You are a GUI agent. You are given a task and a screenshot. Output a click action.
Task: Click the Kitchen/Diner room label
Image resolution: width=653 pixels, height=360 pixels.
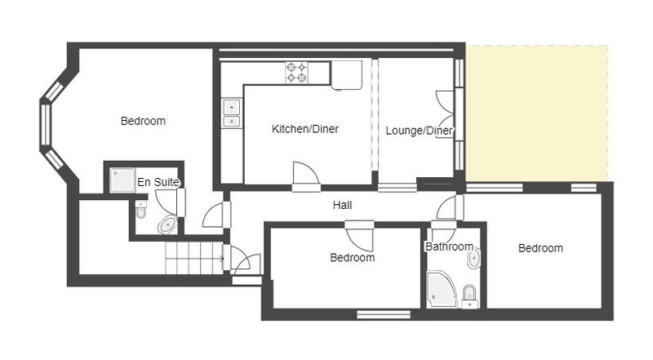pos(304,129)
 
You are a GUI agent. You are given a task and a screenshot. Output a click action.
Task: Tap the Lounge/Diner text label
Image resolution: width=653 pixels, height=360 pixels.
pos(420,131)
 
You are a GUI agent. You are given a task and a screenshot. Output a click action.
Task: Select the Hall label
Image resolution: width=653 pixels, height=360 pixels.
pos(342,205)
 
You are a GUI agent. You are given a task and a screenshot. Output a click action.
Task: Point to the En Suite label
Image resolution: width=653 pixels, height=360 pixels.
pos(158,182)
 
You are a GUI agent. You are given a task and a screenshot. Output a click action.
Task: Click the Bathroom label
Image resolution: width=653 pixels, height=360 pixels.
pos(450,247)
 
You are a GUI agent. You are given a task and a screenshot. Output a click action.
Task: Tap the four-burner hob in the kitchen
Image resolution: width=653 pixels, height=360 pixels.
pos(296,72)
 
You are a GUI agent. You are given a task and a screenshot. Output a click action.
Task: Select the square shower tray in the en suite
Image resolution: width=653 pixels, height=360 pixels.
pos(122,180)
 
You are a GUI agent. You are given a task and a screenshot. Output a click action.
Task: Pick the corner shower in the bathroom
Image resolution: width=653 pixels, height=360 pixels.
pos(442,289)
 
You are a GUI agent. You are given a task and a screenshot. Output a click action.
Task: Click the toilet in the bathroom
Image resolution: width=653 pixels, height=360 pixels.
pos(470,296)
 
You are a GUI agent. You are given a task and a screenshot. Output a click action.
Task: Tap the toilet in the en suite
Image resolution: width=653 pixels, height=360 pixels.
pos(141,209)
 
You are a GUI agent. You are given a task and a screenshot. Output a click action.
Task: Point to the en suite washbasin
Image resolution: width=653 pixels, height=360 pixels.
pos(167,225)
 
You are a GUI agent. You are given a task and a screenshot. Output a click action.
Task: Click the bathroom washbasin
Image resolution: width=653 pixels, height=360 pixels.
pos(474,259)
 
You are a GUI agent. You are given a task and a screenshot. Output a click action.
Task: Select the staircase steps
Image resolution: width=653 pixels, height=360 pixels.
pos(195,258)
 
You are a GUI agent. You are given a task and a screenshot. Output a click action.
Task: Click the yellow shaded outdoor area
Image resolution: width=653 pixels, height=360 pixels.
pos(536,113)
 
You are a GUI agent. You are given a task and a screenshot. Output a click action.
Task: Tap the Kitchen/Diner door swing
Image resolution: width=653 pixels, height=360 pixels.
pos(306,174)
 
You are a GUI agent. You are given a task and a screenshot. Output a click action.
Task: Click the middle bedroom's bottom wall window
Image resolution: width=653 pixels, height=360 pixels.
pos(384,314)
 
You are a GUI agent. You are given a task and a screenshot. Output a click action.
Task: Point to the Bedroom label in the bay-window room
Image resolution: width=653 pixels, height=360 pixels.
pos(143,122)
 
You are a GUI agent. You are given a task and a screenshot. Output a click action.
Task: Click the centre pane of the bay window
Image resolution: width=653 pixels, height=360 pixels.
pos(45,124)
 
